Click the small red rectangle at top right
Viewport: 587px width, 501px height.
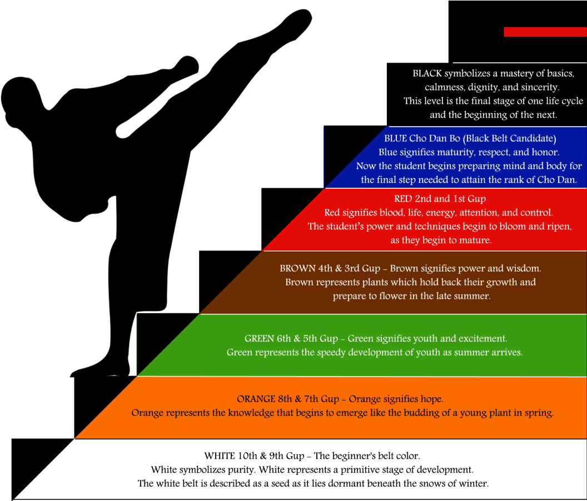545,32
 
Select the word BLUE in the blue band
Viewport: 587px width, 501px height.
395,138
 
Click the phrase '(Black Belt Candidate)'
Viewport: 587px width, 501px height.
510,138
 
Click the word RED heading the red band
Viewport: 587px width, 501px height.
403,199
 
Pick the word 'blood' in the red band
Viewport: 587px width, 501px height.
391,213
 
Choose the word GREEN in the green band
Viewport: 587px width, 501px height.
259,338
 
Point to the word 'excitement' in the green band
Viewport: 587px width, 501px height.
483,338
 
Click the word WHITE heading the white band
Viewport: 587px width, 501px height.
220,456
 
